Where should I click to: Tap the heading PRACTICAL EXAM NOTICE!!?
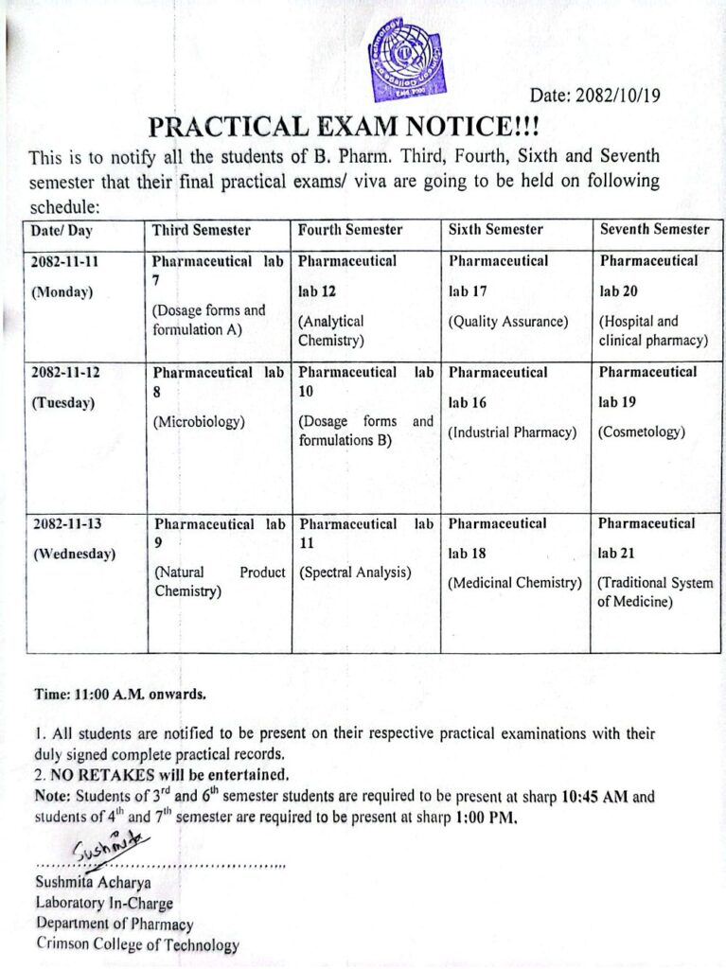(x=345, y=126)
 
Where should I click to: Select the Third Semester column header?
(x=202, y=230)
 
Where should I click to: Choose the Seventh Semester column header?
(x=654, y=229)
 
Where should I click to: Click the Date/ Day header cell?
(x=62, y=230)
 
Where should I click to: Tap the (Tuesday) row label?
(x=63, y=402)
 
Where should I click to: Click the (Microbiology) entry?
(x=199, y=422)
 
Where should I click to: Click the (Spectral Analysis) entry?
(x=355, y=573)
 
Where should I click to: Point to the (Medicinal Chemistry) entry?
(x=514, y=583)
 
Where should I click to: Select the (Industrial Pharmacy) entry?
(x=512, y=432)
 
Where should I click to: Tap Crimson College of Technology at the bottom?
(x=137, y=943)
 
